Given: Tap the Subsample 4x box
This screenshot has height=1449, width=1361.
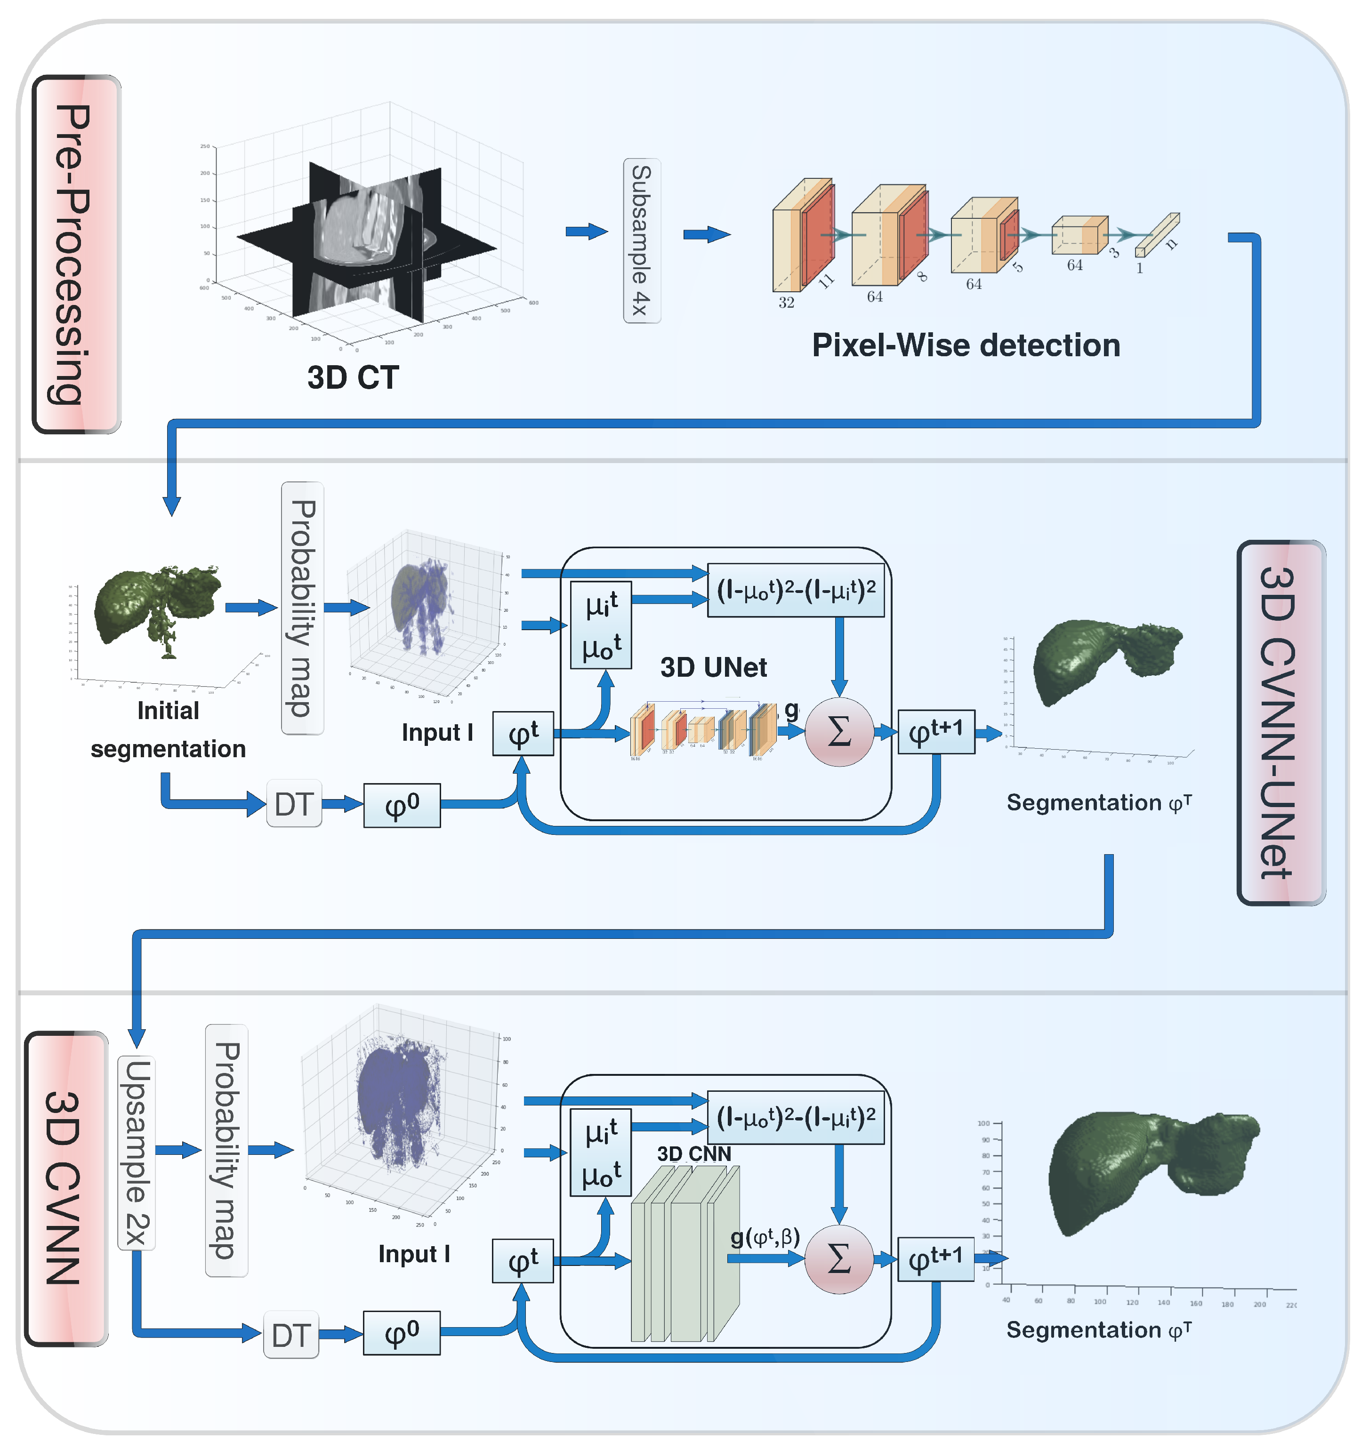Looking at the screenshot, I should pyautogui.click(x=641, y=240).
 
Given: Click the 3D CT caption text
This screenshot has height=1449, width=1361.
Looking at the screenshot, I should pyautogui.click(x=352, y=377).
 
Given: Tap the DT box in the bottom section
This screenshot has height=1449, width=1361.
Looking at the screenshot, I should pyautogui.click(x=291, y=1335).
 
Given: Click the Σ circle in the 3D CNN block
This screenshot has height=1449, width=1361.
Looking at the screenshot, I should pyautogui.click(x=838, y=1259).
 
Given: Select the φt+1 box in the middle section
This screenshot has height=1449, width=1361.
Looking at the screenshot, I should pyautogui.click(x=935, y=732).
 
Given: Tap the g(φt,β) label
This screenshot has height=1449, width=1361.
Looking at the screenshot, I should pyautogui.click(x=765, y=1236).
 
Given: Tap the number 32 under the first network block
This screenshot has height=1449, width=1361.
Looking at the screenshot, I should pyautogui.click(x=785, y=303).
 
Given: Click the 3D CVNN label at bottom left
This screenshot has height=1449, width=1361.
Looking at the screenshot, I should pyautogui.click(x=65, y=1188).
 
